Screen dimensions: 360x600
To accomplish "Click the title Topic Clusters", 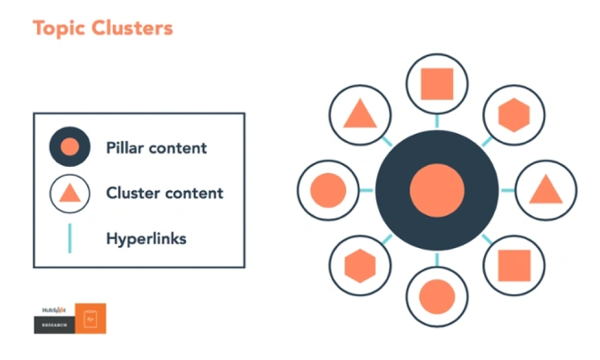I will click(103, 28).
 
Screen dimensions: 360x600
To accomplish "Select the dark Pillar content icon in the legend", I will click(70, 147).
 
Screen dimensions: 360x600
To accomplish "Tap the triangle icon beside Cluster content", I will click(70, 193).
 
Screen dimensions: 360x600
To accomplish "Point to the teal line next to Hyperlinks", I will click(70, 238).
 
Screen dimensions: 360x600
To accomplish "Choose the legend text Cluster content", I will click(164, 193).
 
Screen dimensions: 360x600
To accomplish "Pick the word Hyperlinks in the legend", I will click(146, 238).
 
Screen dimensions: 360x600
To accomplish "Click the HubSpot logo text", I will click(54, 310).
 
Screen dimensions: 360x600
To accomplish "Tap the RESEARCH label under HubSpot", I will click(54, 325).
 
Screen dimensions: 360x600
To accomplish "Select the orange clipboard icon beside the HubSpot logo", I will click(91, 319).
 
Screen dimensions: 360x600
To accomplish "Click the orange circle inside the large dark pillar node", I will click(437, 191).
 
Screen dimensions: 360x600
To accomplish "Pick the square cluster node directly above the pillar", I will click(437, 84).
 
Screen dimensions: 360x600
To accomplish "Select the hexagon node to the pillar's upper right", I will click(514, 115).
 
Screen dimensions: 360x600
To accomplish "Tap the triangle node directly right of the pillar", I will click(545, 190).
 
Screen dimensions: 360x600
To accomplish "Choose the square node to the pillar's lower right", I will click(514, 266).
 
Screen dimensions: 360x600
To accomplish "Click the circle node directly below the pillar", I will click(437, 296).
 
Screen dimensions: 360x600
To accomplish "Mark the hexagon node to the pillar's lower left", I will click(360, 266).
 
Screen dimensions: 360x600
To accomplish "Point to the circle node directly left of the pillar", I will click(328, 190).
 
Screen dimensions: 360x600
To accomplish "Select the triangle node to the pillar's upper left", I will click(360, 114).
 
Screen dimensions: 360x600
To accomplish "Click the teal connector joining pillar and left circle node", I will click(366, 191).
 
